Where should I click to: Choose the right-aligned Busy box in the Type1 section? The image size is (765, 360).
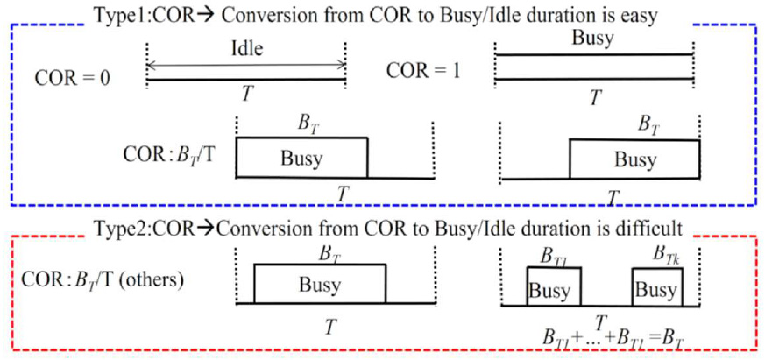pos(634,159)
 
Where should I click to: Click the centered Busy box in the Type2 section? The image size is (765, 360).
pos(319,285)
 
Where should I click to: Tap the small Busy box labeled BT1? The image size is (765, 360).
pos(548,290)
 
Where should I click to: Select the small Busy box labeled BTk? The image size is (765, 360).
pos(655,290)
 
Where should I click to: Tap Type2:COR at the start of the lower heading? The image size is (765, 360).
pos(140,229)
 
